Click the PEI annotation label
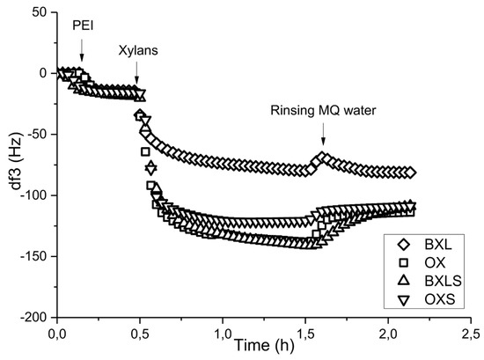click(82, 26)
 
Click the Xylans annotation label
click(138, 51)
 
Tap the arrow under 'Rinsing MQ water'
click(323, 134)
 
